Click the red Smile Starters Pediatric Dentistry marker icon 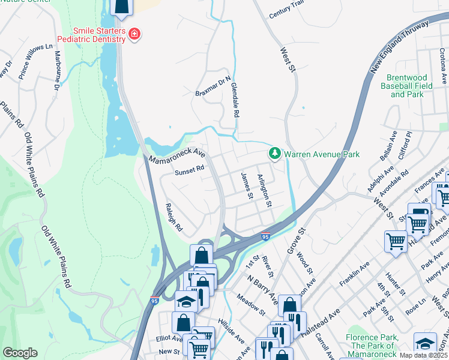[x=134, y=34]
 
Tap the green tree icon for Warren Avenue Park [x=275, y=154]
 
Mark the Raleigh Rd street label [x=173, y=218]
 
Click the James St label [x=245, y=185]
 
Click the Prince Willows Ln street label [x=35, y=58]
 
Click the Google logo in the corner [x=20, y=353]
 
